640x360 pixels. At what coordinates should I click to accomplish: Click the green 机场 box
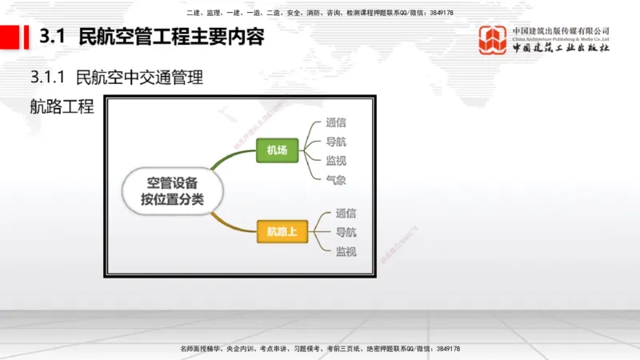(x=277, y=150)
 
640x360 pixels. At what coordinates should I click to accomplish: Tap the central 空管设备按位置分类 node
(x=172, y=190)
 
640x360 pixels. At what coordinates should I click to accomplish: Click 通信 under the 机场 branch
(x=336, y=124)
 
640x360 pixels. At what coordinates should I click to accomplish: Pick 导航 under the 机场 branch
(x=336, y=143)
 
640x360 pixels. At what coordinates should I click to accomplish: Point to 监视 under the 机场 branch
(x=336, y=162)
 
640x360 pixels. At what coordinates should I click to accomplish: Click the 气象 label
(x=336, y=180)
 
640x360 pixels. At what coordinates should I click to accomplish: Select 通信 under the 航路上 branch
(x=346, y=214)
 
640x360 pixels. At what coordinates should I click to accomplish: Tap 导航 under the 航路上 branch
(x=346, y=233)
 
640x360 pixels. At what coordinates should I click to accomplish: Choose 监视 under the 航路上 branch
(x=346, y=251)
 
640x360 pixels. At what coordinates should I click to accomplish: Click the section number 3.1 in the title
(x=51, y=37)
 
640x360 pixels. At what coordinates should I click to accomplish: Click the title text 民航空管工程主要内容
(x=170, y=37)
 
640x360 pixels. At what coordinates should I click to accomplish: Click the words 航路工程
(x=61, y=107)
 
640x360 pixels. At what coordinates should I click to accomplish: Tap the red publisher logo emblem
(x=493, y=40)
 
